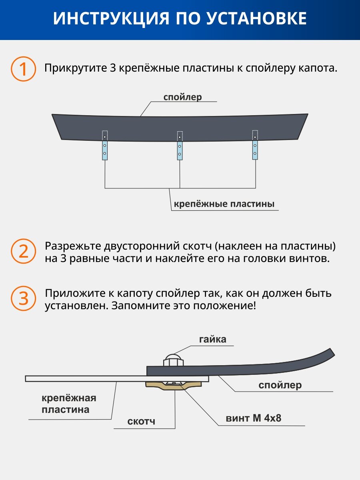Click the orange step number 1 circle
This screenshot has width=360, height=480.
pos(23,69)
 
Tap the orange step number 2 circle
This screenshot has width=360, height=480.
pos(23,252)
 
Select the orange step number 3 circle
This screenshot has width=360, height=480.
pos(23,298)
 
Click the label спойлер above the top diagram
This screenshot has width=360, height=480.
pos(182,97)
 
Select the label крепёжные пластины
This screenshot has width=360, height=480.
pos(224,204)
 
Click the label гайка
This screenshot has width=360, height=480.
pos(213,339)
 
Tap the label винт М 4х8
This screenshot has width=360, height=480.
pos(253,418)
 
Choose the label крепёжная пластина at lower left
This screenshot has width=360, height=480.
pos(69,404)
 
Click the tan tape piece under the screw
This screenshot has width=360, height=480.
pos(174,386)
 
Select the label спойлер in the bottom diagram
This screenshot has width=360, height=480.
pos(280,385)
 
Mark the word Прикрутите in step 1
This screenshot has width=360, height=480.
pos(75,68)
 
